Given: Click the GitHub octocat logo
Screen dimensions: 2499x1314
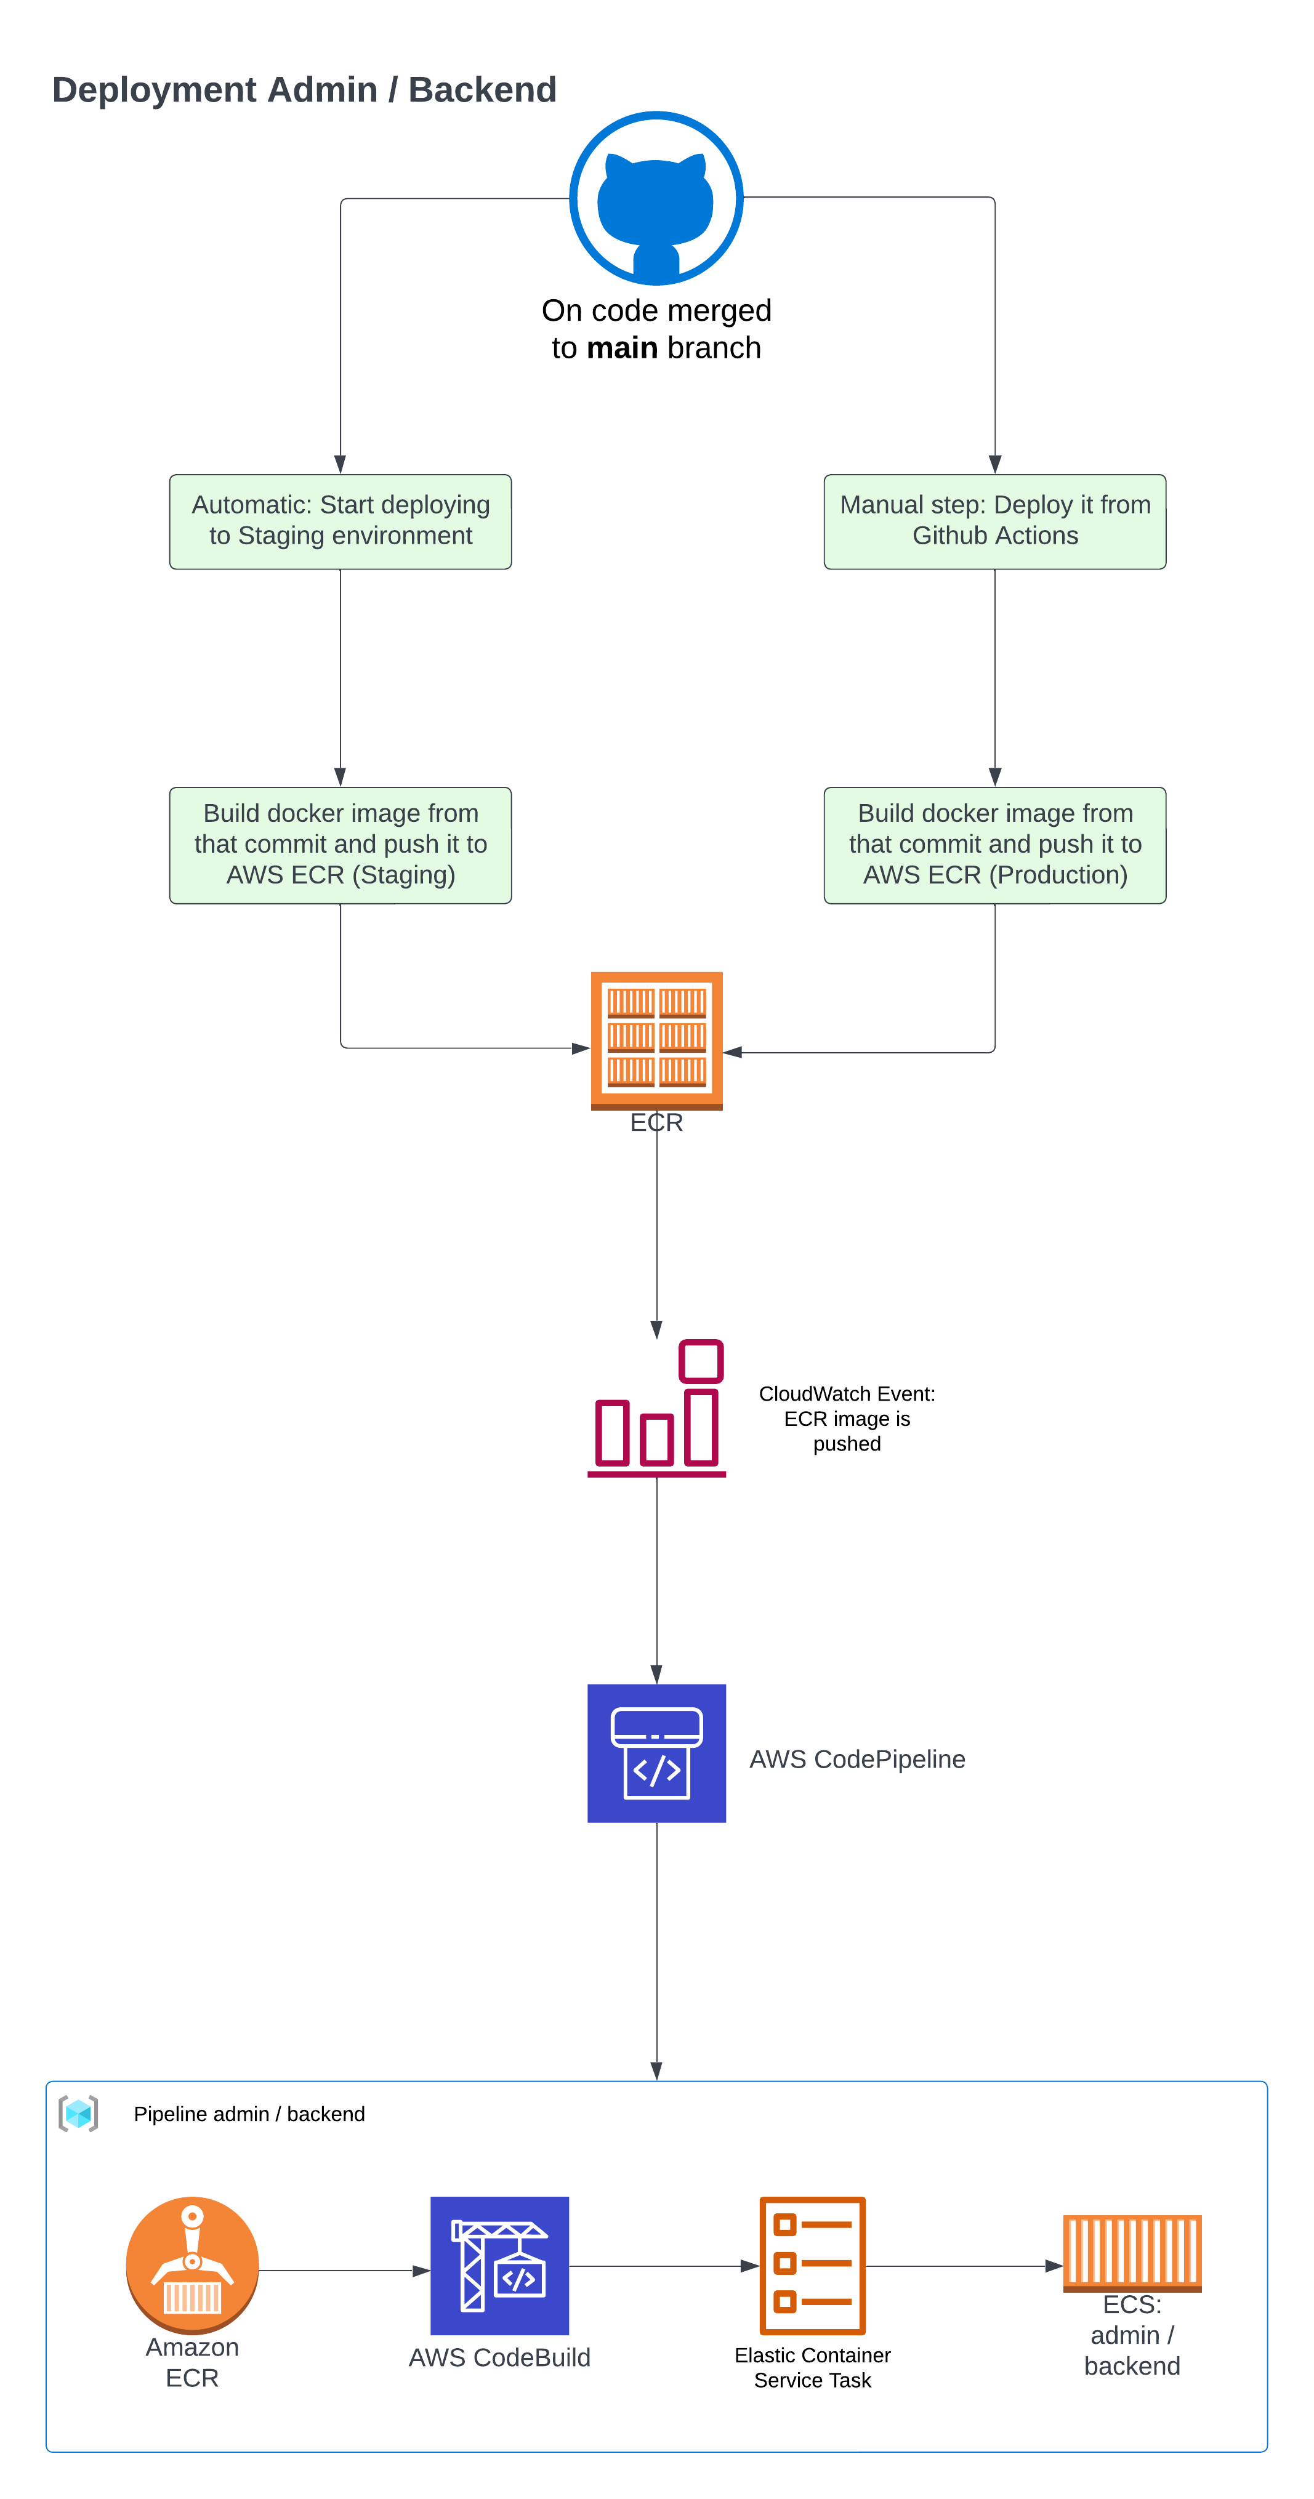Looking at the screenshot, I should click(656, 199).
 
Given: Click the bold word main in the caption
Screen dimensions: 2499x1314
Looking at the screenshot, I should click(621, 348).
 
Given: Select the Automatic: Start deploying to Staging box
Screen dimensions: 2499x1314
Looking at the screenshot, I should click(341, 521).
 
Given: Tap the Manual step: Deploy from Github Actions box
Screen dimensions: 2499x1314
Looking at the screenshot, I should click(994, 521).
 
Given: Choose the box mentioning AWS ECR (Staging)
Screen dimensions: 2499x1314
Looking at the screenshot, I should click(341, 845).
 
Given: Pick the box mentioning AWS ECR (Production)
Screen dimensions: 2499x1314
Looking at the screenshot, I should click(994, 845).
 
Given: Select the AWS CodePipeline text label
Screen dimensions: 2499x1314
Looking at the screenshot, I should click(857, 1759).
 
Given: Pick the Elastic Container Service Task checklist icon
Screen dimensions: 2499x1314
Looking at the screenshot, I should click(812, 2265).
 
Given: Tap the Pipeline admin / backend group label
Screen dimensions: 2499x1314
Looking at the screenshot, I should click(249, 2114).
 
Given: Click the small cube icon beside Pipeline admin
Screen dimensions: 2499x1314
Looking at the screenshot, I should click(79, 2114).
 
